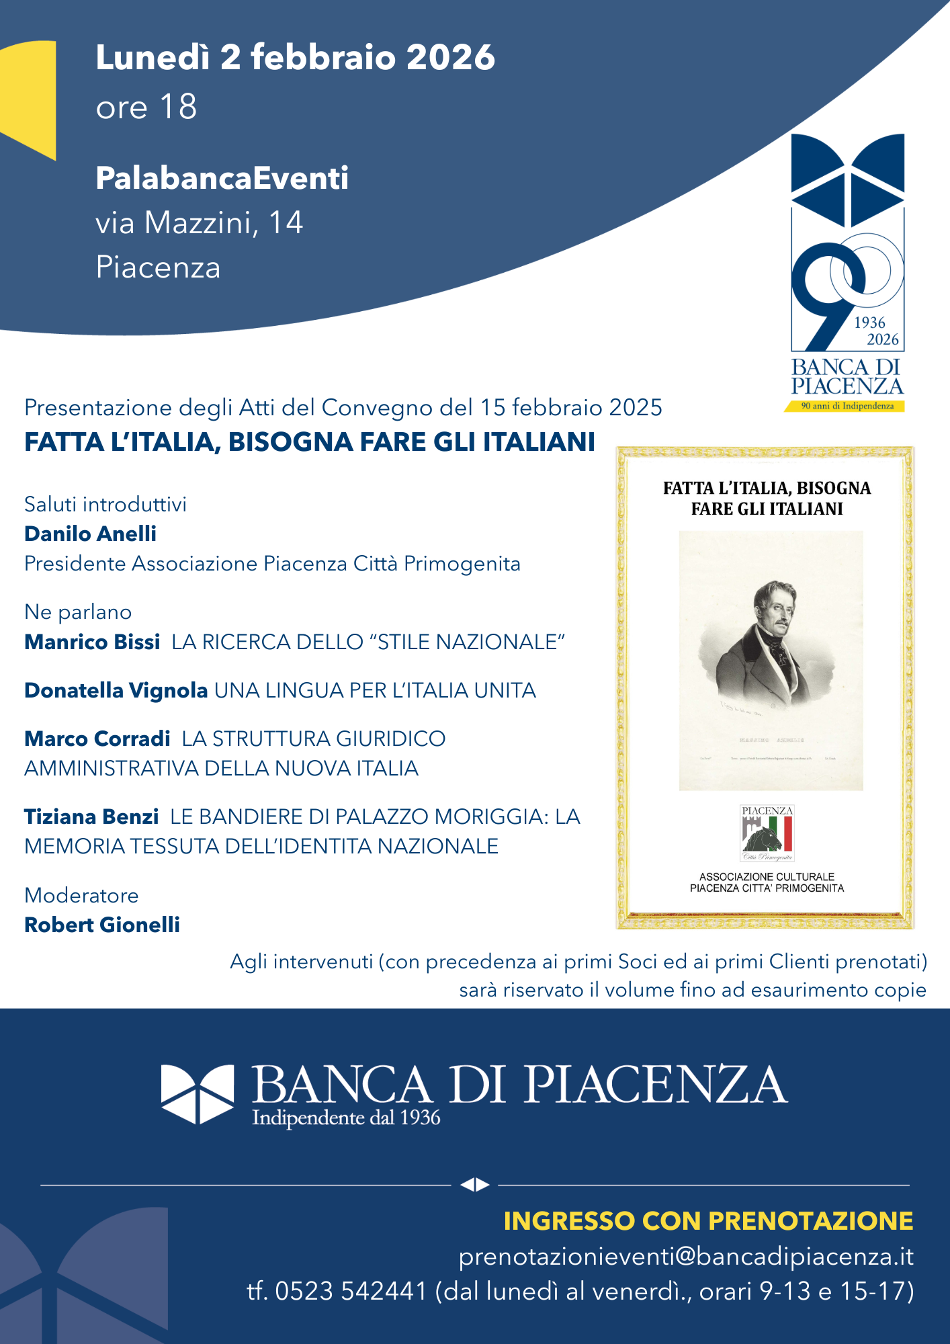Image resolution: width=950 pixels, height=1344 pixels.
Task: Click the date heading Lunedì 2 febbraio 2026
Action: point(295,57)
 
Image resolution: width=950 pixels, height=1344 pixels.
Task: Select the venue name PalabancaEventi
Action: point(222,178)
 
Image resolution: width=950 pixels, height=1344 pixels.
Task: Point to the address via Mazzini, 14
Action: point(199,223)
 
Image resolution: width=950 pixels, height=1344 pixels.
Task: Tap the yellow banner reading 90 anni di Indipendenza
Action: point(845,406)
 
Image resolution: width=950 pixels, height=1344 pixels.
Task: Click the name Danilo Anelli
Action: point(90,534)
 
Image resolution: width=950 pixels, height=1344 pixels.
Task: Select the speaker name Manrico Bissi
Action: point(92,642)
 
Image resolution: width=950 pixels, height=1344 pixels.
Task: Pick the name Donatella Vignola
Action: point(116,690)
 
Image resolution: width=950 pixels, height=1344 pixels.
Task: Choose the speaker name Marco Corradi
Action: point(97,739)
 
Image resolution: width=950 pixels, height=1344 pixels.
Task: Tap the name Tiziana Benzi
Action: point(91,816)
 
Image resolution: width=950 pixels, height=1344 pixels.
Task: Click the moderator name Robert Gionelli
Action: point(102,925)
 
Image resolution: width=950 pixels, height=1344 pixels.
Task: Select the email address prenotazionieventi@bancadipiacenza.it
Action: point(686,1257)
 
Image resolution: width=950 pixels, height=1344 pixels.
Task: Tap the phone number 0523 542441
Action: point(351,1291)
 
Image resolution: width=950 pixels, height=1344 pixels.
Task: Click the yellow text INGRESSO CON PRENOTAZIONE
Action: point(708,1221)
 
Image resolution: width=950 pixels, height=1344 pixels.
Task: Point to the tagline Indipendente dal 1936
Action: point(346,1118)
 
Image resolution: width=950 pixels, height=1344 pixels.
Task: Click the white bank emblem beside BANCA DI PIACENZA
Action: point(198,1093)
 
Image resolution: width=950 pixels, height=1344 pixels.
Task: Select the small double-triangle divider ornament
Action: point(475,1185)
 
